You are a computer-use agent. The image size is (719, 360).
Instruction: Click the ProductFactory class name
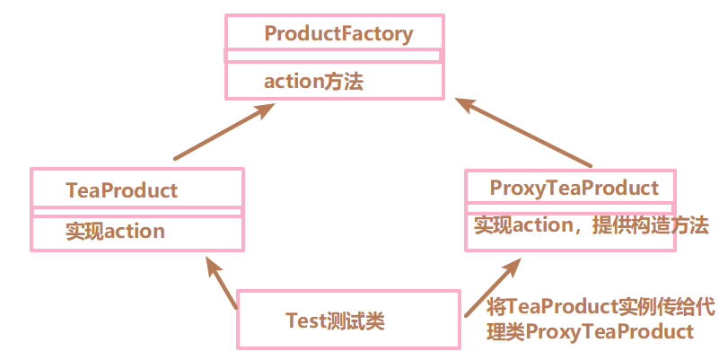tap(338, 34)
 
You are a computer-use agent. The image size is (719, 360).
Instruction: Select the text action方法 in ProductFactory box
tap(313, 82)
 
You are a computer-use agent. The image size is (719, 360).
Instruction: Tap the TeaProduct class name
tap(121, 190)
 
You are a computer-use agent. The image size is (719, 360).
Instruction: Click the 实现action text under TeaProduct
tap(115, 232)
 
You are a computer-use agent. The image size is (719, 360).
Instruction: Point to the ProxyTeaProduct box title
tap(574, 188)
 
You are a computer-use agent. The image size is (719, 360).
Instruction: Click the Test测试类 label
tap(335, 320)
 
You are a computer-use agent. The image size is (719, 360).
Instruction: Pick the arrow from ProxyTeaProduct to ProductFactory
tap(524, 132)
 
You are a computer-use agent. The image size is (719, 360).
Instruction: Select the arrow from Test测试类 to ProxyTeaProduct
tap(492, 287)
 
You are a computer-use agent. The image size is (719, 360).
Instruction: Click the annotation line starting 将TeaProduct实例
tap(601, 308)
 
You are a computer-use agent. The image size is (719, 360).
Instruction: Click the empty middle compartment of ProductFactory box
tap(333, 56)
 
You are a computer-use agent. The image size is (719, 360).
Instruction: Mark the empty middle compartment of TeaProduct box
tap(136, 212)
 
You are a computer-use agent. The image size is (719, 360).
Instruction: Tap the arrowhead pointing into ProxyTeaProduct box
tap(512, 267)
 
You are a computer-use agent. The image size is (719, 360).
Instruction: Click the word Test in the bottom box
tap(304, 320)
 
